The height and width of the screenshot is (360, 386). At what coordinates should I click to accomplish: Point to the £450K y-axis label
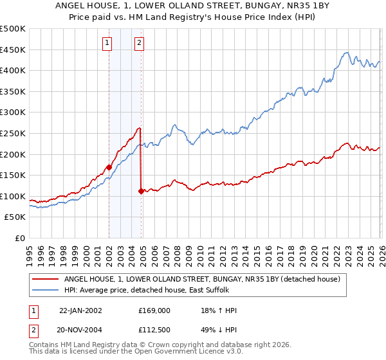13,50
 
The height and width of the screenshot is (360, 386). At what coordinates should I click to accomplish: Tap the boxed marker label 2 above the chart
139,44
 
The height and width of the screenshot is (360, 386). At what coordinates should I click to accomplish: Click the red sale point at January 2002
109,167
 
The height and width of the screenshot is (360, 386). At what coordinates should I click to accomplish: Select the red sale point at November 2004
141,191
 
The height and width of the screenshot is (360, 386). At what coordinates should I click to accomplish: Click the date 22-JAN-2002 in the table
80,310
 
